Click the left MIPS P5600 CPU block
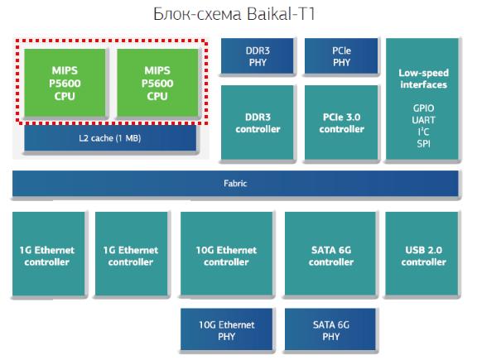65,83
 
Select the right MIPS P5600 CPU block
157,83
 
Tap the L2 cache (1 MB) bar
110,138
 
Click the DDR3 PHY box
258,56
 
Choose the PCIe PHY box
341,56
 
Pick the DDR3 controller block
258,122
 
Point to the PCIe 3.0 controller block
341,122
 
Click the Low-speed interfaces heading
423,79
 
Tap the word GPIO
423,108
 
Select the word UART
423,120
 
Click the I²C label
423,132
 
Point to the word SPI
423,143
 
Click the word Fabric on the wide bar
235,184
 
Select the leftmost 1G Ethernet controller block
49,253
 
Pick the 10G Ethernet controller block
226,253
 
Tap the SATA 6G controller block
331,253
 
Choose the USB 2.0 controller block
422,253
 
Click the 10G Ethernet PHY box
226,329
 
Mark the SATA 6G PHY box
330,329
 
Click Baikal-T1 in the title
281,14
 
